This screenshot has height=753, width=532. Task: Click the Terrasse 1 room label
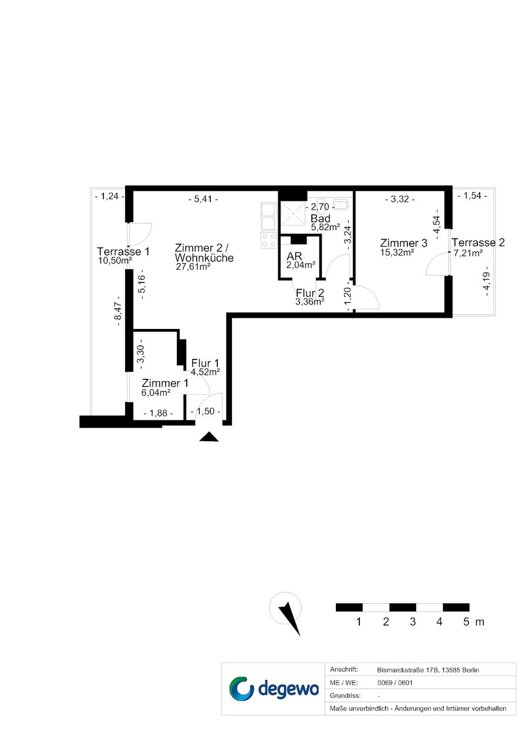point(123,251)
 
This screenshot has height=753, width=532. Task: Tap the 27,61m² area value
point(193,267)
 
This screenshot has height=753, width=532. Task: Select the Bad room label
point(320,218)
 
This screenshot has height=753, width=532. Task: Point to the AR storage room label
point(294,256)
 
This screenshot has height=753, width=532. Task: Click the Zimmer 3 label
point(403,243)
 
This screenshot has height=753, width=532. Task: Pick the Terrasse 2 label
point(478,243)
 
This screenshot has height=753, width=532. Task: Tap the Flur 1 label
point(205,363)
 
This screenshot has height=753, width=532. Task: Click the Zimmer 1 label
point(165,383)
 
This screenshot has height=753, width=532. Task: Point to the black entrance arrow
point(209,436)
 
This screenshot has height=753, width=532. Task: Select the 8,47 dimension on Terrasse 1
point(117,311)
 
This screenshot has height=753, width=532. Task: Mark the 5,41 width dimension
point(203,199)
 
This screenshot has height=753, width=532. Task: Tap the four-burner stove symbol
point(268,240)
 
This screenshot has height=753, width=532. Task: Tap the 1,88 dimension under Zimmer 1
point(159,413)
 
